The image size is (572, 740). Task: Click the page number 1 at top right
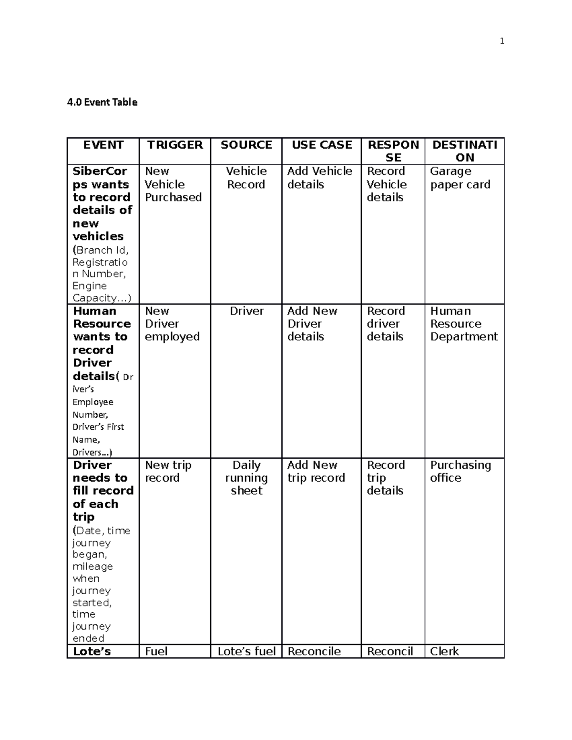501,41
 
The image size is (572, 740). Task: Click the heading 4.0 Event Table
102,102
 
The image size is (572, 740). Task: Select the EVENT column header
103,145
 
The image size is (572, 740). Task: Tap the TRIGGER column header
174,145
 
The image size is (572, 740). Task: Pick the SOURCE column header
246,145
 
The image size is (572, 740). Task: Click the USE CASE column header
322,145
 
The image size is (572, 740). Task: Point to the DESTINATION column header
464,151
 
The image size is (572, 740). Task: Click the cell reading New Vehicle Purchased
173,184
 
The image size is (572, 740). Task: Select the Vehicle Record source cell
246,178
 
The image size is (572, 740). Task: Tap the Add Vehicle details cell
319,178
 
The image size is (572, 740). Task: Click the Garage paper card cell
460,178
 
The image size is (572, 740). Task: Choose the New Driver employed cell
172,324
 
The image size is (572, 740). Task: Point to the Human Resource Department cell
463,324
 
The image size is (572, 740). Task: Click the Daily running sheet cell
246,478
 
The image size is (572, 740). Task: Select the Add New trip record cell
316,471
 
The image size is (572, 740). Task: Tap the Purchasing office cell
460,471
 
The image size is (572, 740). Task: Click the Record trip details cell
385,478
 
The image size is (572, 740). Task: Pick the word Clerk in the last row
444,651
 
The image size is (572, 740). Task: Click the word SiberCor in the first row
100,171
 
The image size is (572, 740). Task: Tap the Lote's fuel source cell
246,651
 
